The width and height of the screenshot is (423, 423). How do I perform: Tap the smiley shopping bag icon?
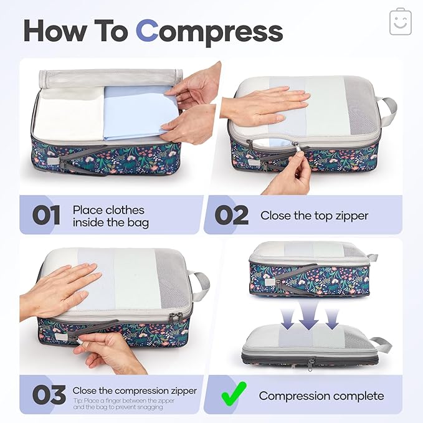(x=400, y=22)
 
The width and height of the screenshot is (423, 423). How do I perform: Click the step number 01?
(x=46, y=216)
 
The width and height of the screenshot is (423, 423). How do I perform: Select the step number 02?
(x=231, y=216)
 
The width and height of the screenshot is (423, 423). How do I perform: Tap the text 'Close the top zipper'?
(x=314, y=216)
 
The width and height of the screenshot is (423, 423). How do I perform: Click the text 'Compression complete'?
(x=321, y=396)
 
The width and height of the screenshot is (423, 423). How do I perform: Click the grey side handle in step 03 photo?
(x=199, y=286)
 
